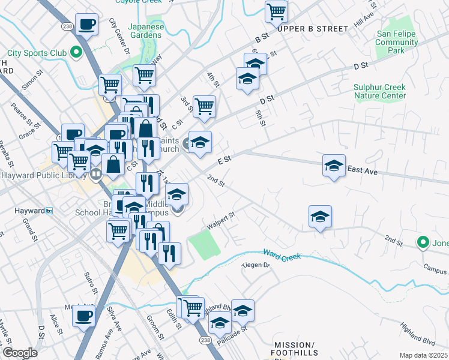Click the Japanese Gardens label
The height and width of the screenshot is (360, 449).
tap(146, 31)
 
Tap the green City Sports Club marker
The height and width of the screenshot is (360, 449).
tap(76, 53)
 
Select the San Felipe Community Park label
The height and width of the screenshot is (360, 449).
tap(397, 43)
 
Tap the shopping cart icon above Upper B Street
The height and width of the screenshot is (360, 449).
tap(276, 11)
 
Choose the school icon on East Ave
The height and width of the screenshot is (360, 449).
tap(334, 166)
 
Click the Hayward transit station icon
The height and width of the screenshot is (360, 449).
tap(49, 211)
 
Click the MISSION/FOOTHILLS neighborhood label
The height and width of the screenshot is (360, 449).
tap(294, 349)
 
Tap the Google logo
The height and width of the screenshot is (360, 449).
tap(19, 353)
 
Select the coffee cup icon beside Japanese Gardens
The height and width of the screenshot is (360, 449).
tap(88, 25)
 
